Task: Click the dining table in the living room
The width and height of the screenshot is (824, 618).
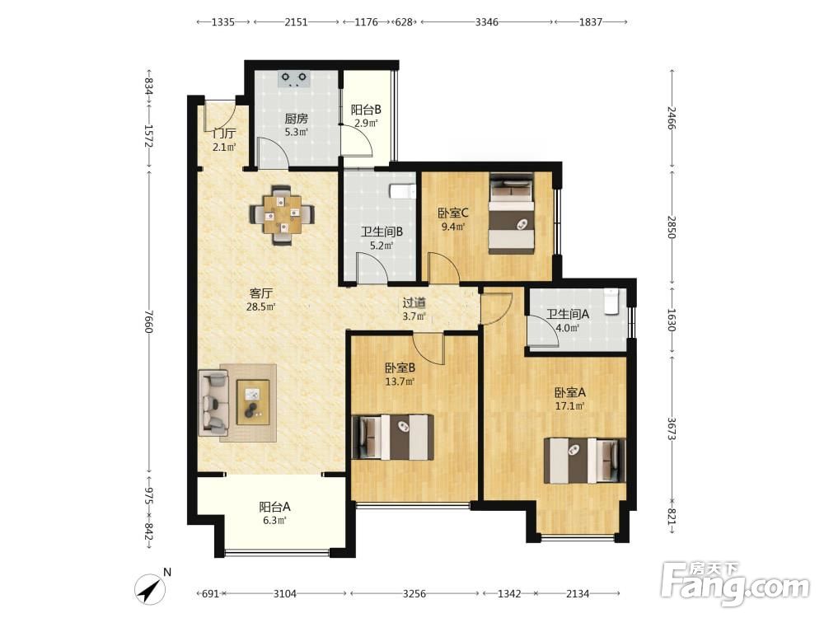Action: point(282,214)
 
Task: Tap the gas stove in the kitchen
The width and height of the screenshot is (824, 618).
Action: point(294,79)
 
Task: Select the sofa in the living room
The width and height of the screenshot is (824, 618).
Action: point(213,403)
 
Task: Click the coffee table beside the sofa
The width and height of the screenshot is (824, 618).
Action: point(253,402)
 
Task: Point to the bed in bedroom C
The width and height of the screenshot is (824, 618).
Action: point(512,213)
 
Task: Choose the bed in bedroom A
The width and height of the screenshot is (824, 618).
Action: point(585,461)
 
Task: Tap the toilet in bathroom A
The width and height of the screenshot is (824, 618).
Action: point(611,302)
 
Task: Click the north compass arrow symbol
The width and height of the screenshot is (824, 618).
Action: point(150,589)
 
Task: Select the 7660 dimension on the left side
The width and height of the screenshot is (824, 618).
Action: point(148,321)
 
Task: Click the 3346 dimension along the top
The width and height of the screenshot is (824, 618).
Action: point(487,22)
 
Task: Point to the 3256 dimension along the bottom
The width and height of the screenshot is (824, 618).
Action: point(414,594)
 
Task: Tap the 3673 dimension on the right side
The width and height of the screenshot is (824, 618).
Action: point(672,428)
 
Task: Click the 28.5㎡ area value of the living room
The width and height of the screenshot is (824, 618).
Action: point(261,307)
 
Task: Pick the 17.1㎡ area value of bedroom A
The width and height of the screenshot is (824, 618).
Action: point(570,406)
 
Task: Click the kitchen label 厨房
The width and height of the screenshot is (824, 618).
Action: point(297,119)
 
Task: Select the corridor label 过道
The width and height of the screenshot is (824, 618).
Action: point(414,303)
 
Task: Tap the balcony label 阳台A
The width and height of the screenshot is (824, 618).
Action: point(275,507)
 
